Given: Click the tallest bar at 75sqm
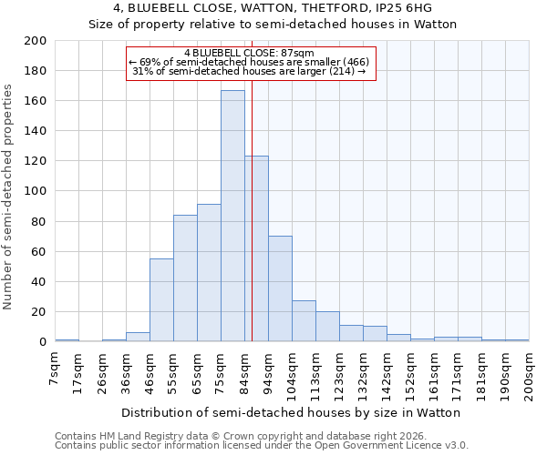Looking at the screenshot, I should tap(232, 216).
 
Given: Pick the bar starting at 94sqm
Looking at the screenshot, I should tap(280, 288).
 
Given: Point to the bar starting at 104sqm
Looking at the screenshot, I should tap(304, 321).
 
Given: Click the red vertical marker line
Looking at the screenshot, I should tap(253, 209).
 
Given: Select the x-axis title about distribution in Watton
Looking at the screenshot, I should tap(290, 412).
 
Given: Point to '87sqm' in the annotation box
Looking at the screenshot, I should tap(299, 53).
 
